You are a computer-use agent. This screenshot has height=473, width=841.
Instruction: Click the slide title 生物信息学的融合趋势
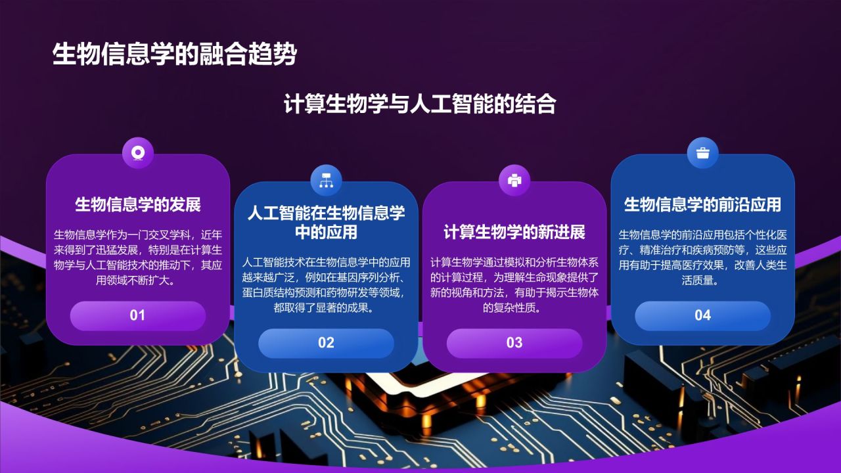coord(174,55)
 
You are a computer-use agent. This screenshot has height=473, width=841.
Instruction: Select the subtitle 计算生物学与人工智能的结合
coord(420,104)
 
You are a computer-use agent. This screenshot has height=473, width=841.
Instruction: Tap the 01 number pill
coord(137,315)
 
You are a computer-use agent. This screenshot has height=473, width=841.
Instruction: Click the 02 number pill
coord(326,343)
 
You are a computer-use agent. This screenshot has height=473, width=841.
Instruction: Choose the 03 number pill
coord(514,343)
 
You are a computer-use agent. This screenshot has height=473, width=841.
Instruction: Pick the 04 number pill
coord(702,315)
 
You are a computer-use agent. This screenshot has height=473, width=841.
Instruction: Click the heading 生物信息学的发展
coord(138,204)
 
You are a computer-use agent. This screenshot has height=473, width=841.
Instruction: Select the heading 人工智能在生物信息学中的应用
coord(326,222)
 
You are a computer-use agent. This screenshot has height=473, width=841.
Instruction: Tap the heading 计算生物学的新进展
coord(514,232)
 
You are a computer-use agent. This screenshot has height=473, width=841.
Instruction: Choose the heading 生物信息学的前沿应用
coord(702,204)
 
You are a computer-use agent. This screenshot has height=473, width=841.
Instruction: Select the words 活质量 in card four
coord(700,281)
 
